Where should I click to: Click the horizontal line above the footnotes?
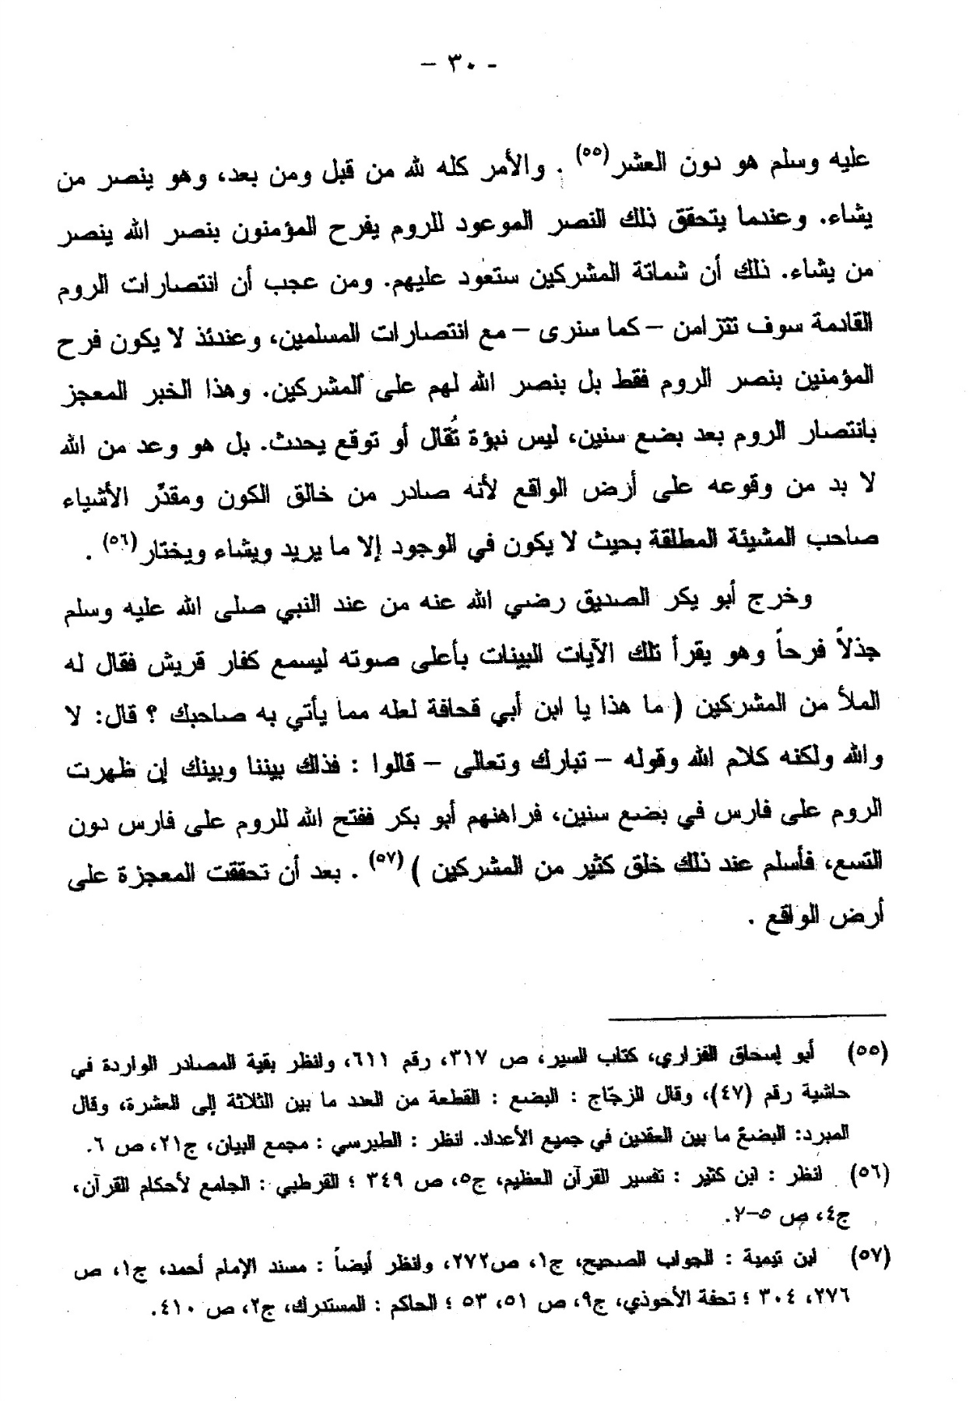point(747,1015)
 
